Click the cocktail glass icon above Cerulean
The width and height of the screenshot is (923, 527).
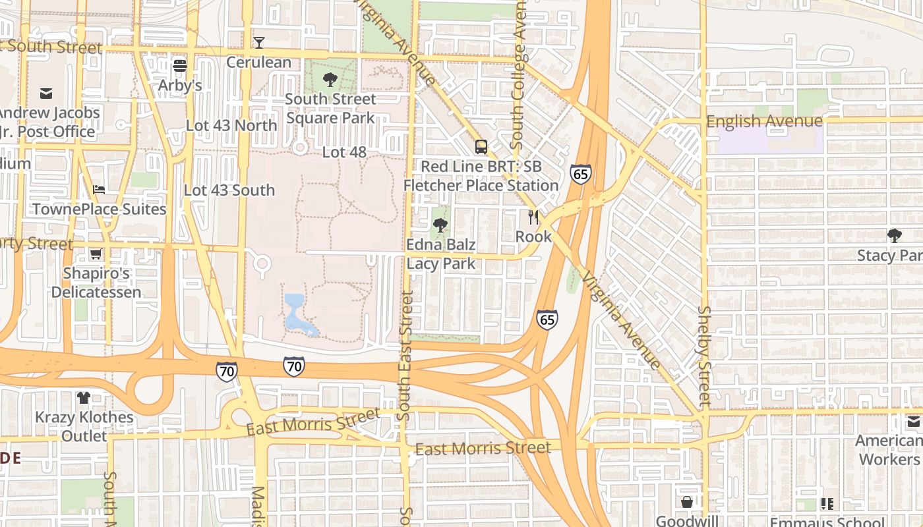click(259, 43)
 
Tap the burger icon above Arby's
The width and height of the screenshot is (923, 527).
click(179, 65)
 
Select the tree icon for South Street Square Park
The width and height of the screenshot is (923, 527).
click(330, 80)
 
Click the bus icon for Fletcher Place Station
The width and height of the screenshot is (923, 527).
click(481, 147)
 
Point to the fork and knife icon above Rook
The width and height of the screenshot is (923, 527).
click(533, 217)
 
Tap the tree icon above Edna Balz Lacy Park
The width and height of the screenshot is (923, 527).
click(440, 226)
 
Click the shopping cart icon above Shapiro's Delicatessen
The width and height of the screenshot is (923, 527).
click(96, 254)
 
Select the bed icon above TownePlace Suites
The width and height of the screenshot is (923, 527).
click(99, 190)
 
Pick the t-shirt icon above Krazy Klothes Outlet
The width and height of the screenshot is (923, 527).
click(84, 398)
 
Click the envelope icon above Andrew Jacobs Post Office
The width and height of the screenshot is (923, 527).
click(46, 93)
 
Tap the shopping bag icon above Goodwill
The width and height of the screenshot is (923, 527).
click(686, 503)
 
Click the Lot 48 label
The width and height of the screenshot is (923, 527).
click(344, 152)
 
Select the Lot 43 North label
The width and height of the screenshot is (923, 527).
click(231, 125)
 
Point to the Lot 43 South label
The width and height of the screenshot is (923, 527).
click(229, 190)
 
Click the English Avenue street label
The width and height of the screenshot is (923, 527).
click(764, 121)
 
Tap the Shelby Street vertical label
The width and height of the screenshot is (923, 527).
click(705, 354)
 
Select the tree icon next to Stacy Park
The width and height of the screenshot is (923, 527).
click(895, 235)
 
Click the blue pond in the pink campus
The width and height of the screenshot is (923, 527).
click(295, 313)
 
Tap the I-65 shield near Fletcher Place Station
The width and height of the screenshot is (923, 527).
click(580, 174)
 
